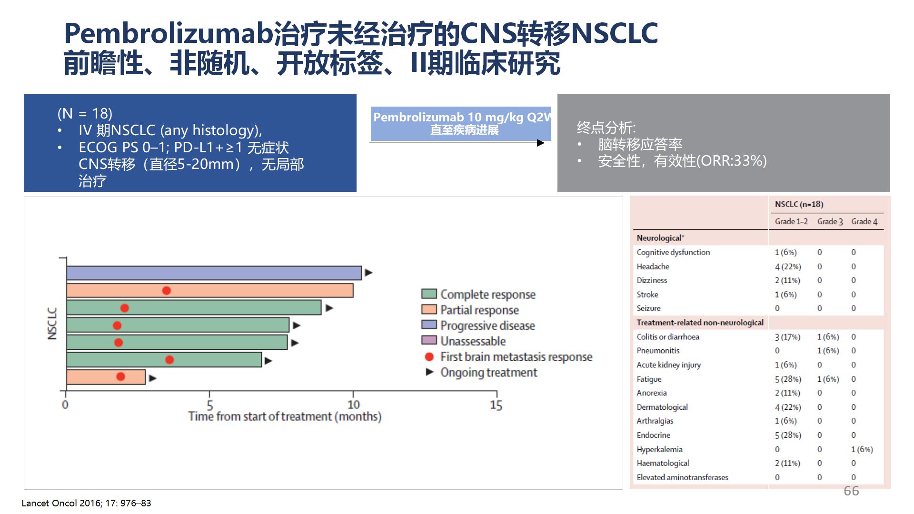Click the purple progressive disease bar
click(214, 273)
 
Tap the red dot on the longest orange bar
click(166, 290)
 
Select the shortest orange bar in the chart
click(106, 377)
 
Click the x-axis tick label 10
click(354, 405)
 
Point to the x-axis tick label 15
click(496, 405)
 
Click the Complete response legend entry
click(478, 294)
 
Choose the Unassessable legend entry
click(464, 341)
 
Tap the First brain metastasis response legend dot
click(429, 356)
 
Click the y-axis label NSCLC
click(52, 324)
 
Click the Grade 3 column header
click(830, 221)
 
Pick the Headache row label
click(653, 267)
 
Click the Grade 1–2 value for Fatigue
click(788, 379)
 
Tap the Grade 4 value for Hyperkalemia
click(862, 449)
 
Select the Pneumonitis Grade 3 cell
click(828, 351)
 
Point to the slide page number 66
click(851, 491)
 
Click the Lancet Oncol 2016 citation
click(86, 503)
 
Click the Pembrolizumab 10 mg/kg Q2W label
click(462, 117)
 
